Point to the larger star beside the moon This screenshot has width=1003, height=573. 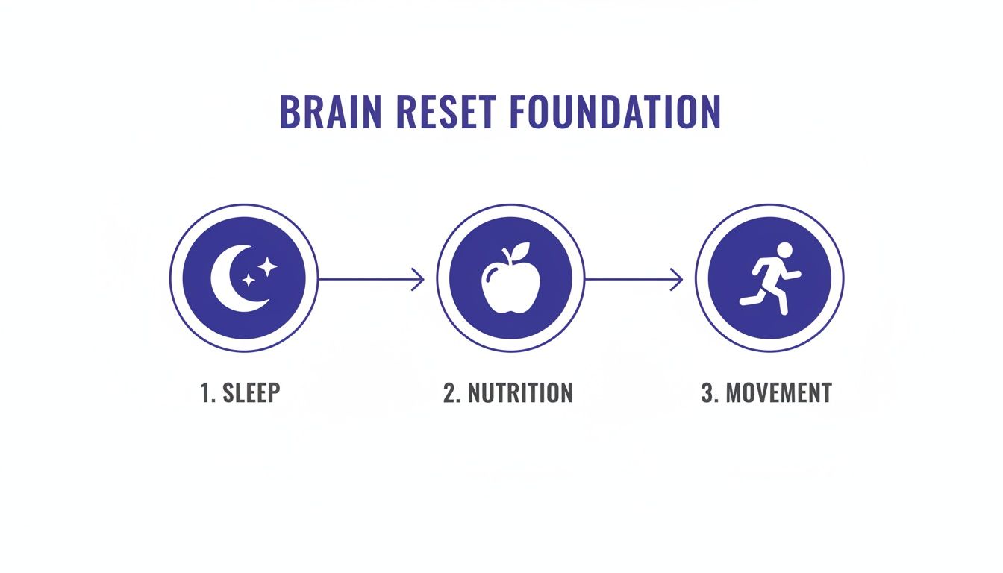tap(268, 266)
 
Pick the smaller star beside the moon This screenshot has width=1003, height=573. tap(249, 280)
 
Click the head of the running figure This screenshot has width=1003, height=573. tap(783, 249)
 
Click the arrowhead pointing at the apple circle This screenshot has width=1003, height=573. tap(419, 279)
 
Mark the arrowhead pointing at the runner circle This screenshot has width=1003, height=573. tap(678, 279)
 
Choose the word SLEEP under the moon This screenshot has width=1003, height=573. tap(251, 393)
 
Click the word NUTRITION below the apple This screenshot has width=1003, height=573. tap(520, 393)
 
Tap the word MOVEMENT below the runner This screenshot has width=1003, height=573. tap(778, 393)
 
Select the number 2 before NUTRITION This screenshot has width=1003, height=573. tap(450, 393)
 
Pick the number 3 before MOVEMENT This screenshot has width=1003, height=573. tap(708, 393)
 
